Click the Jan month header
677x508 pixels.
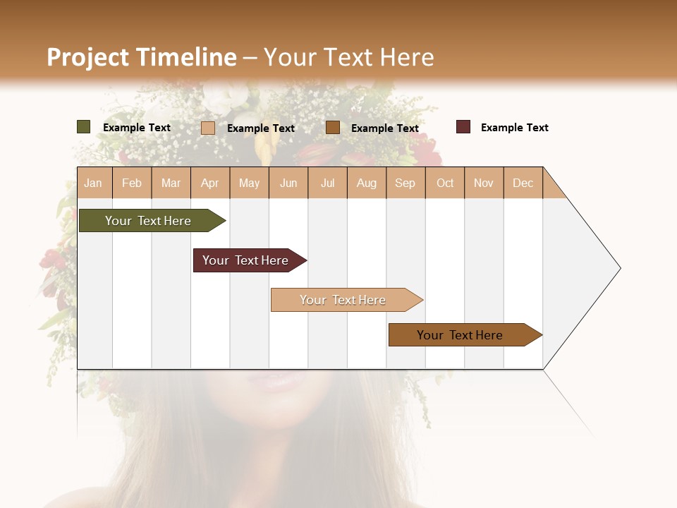coord(93,183)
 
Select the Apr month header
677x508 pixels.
coord(209,183)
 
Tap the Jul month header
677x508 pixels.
coord(327,183)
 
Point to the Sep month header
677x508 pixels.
coord(405,183)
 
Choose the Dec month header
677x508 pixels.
coord(523,183)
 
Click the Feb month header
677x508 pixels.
coord(132,183)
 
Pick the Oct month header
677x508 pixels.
coord(445,183)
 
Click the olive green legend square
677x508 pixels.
coord(84,127)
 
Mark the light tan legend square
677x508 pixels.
coord(208,128)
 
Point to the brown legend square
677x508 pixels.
coord(333,128)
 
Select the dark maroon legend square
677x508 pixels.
coord(463,127)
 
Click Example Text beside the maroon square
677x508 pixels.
coord(514,128)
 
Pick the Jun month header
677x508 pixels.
coord(288,183)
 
